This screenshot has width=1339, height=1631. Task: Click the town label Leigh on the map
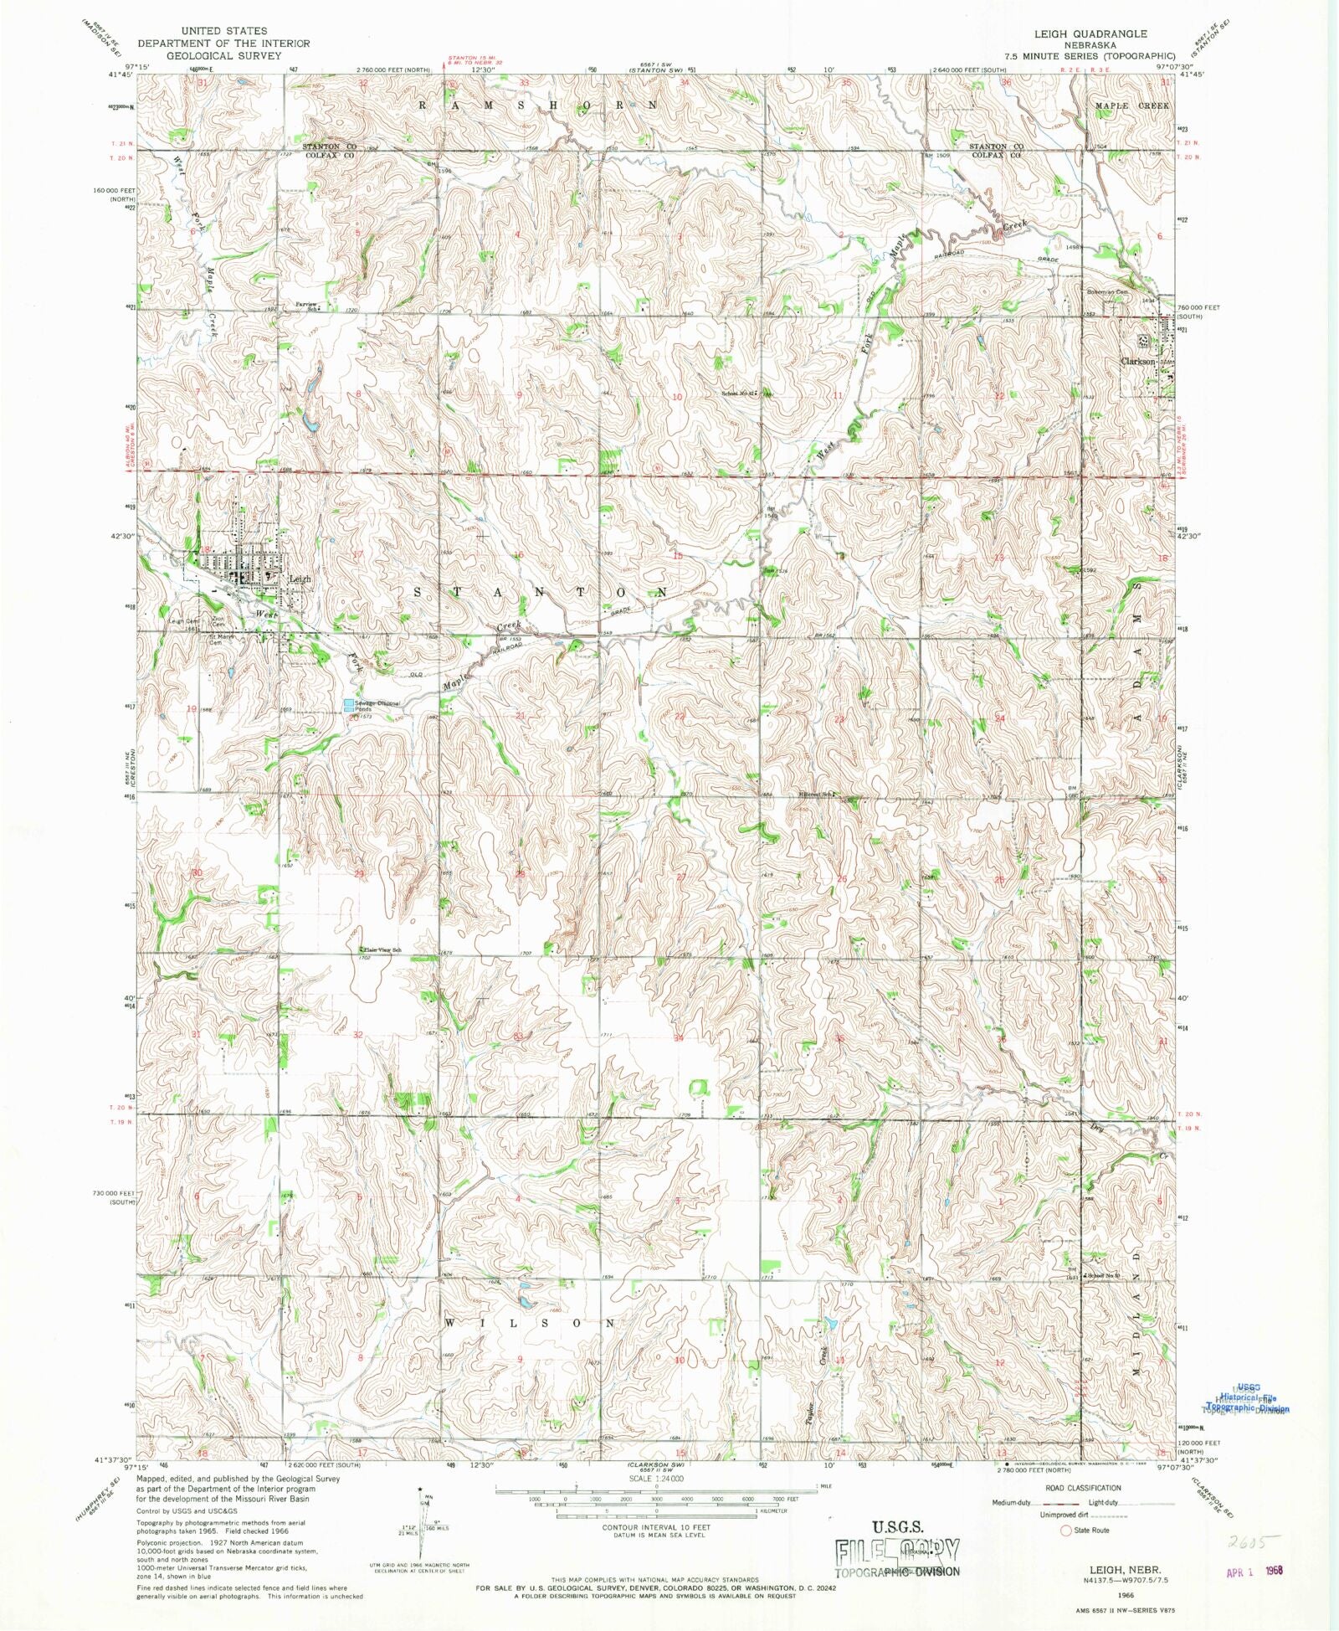tap(299, 579)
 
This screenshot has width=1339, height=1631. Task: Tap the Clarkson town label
tap(1138, 362)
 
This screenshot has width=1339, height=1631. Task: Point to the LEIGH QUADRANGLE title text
tap(1090, 33)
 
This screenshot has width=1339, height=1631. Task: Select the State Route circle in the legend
tap(1065, 1530)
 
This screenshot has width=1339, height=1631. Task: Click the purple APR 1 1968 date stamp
tap(1254, 1572)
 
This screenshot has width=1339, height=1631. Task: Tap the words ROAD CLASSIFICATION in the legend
tap(1083, 1488)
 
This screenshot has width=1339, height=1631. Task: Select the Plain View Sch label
tap(382, 950)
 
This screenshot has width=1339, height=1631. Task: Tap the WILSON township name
tap(530, 1323)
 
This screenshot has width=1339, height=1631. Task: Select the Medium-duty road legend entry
tap(1012, 1503)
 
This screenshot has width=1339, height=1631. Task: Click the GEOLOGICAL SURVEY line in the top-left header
tap(223, 55)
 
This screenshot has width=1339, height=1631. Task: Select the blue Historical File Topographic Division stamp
tap(1247, 1402)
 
